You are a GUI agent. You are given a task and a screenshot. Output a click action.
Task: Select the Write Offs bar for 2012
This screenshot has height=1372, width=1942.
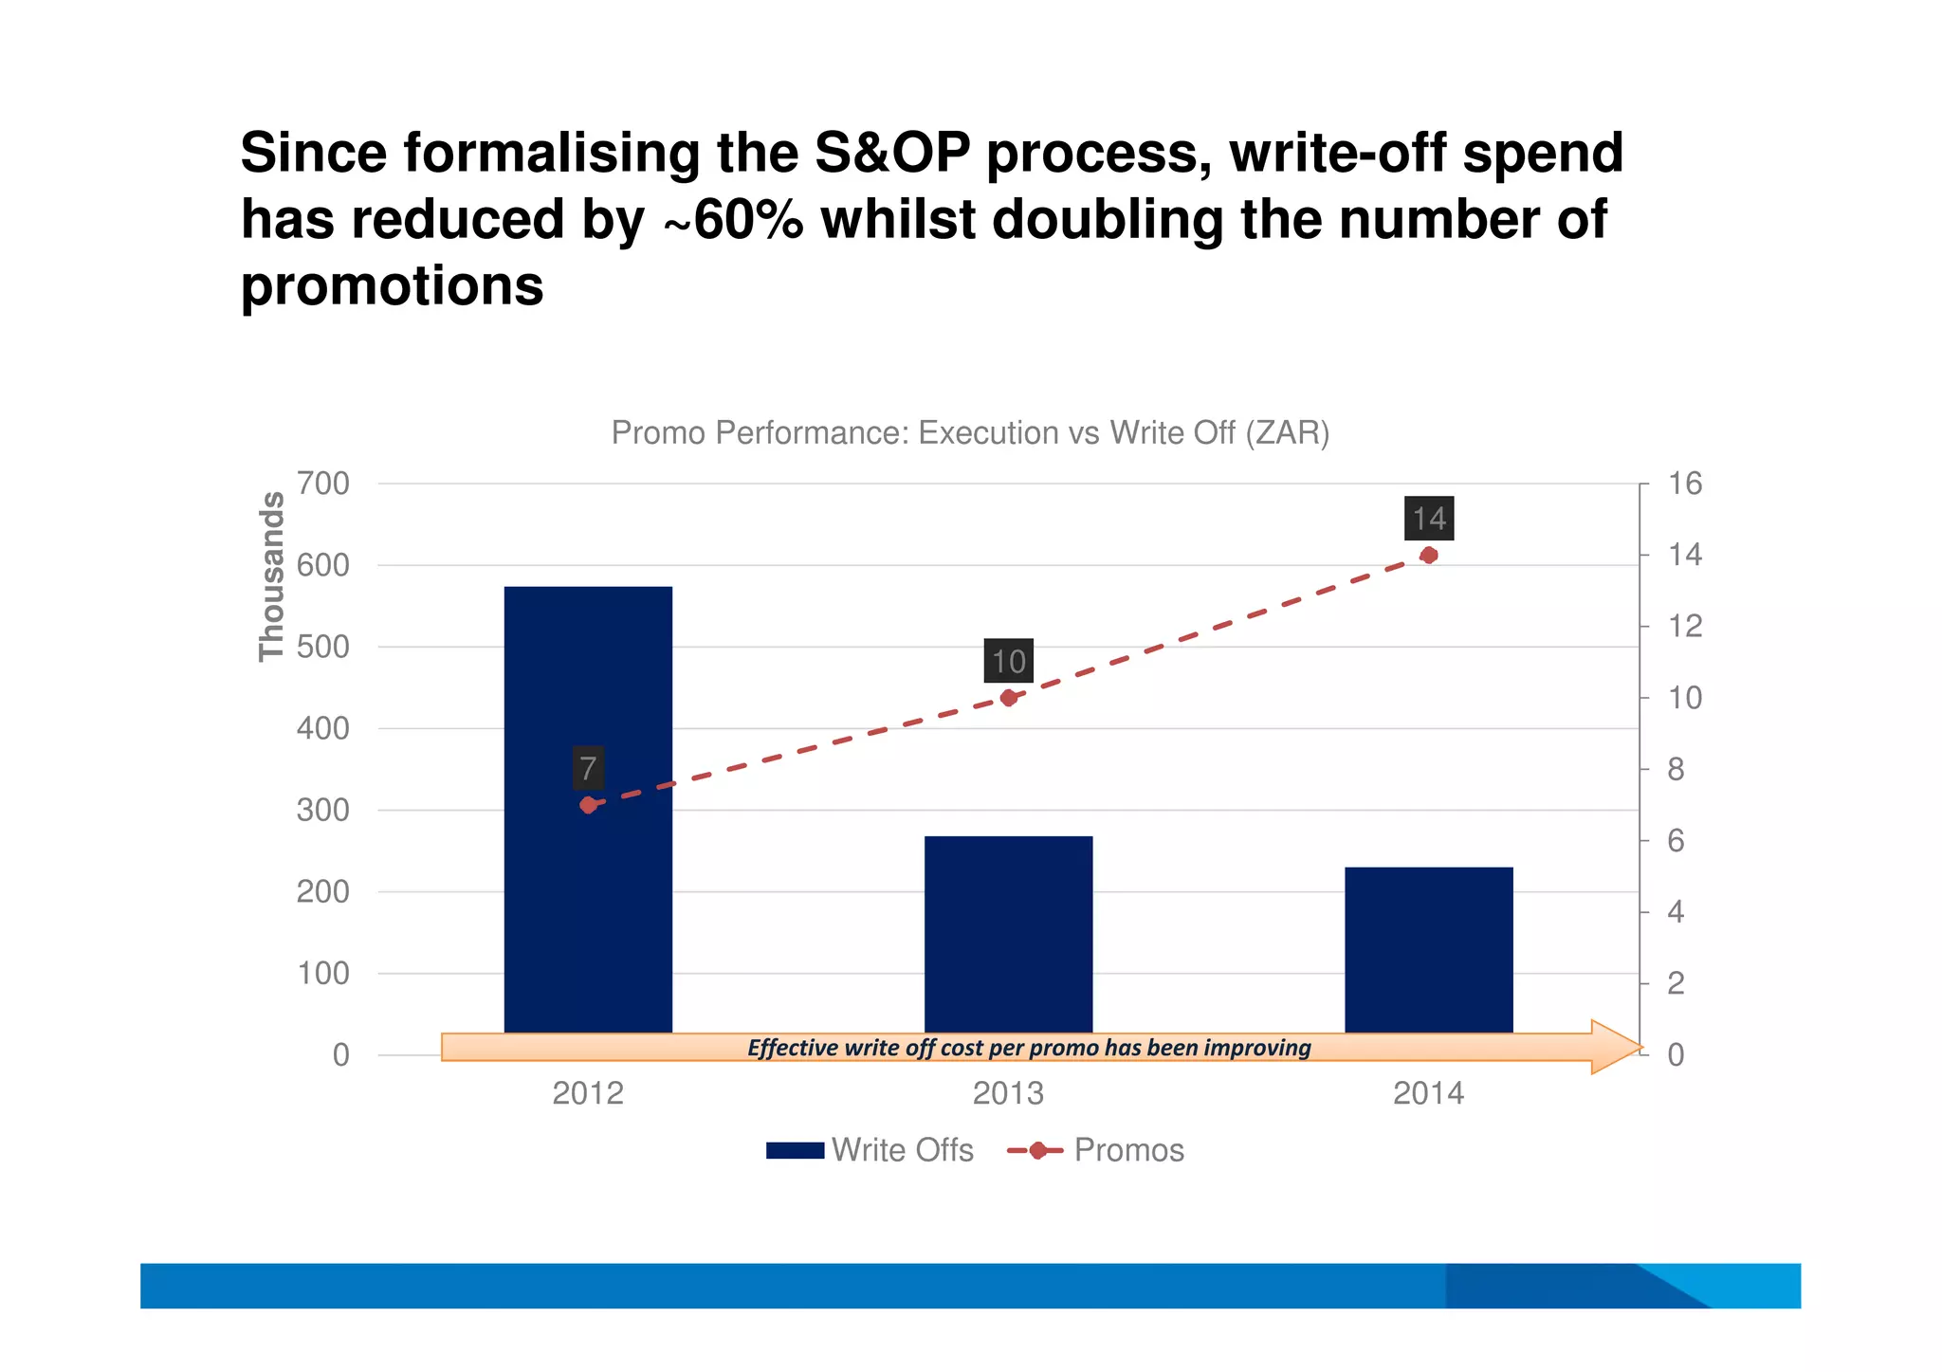588,901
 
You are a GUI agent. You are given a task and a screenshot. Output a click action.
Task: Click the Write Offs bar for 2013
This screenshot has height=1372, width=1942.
1008,934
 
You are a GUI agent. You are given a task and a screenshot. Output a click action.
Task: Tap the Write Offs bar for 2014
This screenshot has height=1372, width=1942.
1428,948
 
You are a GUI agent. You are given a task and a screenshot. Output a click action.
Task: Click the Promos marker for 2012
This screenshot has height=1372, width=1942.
588,805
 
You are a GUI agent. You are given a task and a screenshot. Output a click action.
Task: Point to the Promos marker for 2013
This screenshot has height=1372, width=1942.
1008,698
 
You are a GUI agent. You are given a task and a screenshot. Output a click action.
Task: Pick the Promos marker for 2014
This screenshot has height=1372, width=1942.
1429,556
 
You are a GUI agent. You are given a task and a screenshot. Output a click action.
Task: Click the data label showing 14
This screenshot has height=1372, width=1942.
1429,519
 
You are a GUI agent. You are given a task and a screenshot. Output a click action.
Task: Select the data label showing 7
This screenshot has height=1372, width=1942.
588,768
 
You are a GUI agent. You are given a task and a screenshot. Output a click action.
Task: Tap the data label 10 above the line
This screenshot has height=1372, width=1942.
1008,661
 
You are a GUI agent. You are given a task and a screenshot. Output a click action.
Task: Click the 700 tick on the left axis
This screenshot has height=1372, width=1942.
323,485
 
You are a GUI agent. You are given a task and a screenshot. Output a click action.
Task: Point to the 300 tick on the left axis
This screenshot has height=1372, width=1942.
323,811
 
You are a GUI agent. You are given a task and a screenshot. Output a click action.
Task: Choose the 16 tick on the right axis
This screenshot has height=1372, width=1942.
1685,485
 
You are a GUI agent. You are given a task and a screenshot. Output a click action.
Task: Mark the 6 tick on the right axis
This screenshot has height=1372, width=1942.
1676,841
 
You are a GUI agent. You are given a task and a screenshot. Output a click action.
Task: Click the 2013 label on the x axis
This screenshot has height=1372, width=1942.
1008,1093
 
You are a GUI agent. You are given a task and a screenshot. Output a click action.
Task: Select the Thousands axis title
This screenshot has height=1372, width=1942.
272,576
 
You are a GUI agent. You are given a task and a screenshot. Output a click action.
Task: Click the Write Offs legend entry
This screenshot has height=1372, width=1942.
870,1150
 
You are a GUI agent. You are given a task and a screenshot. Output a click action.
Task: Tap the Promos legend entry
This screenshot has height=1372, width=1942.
1096,1150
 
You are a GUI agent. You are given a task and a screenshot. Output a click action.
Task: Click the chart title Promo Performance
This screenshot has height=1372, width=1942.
970,433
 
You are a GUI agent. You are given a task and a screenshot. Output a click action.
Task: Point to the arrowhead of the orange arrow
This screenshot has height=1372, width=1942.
1616,1047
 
